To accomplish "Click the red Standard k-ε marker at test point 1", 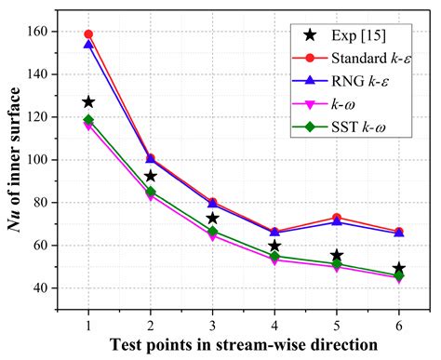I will tap(88, 34).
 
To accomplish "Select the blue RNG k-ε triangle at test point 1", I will tap(88, 45).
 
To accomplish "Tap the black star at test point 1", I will tap(88, 102).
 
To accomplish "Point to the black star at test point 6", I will tap(398, 269).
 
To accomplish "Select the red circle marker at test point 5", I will tap(337, 218).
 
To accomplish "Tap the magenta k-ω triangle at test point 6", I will tap(398, 278).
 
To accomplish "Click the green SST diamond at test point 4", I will tap(274, 256).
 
